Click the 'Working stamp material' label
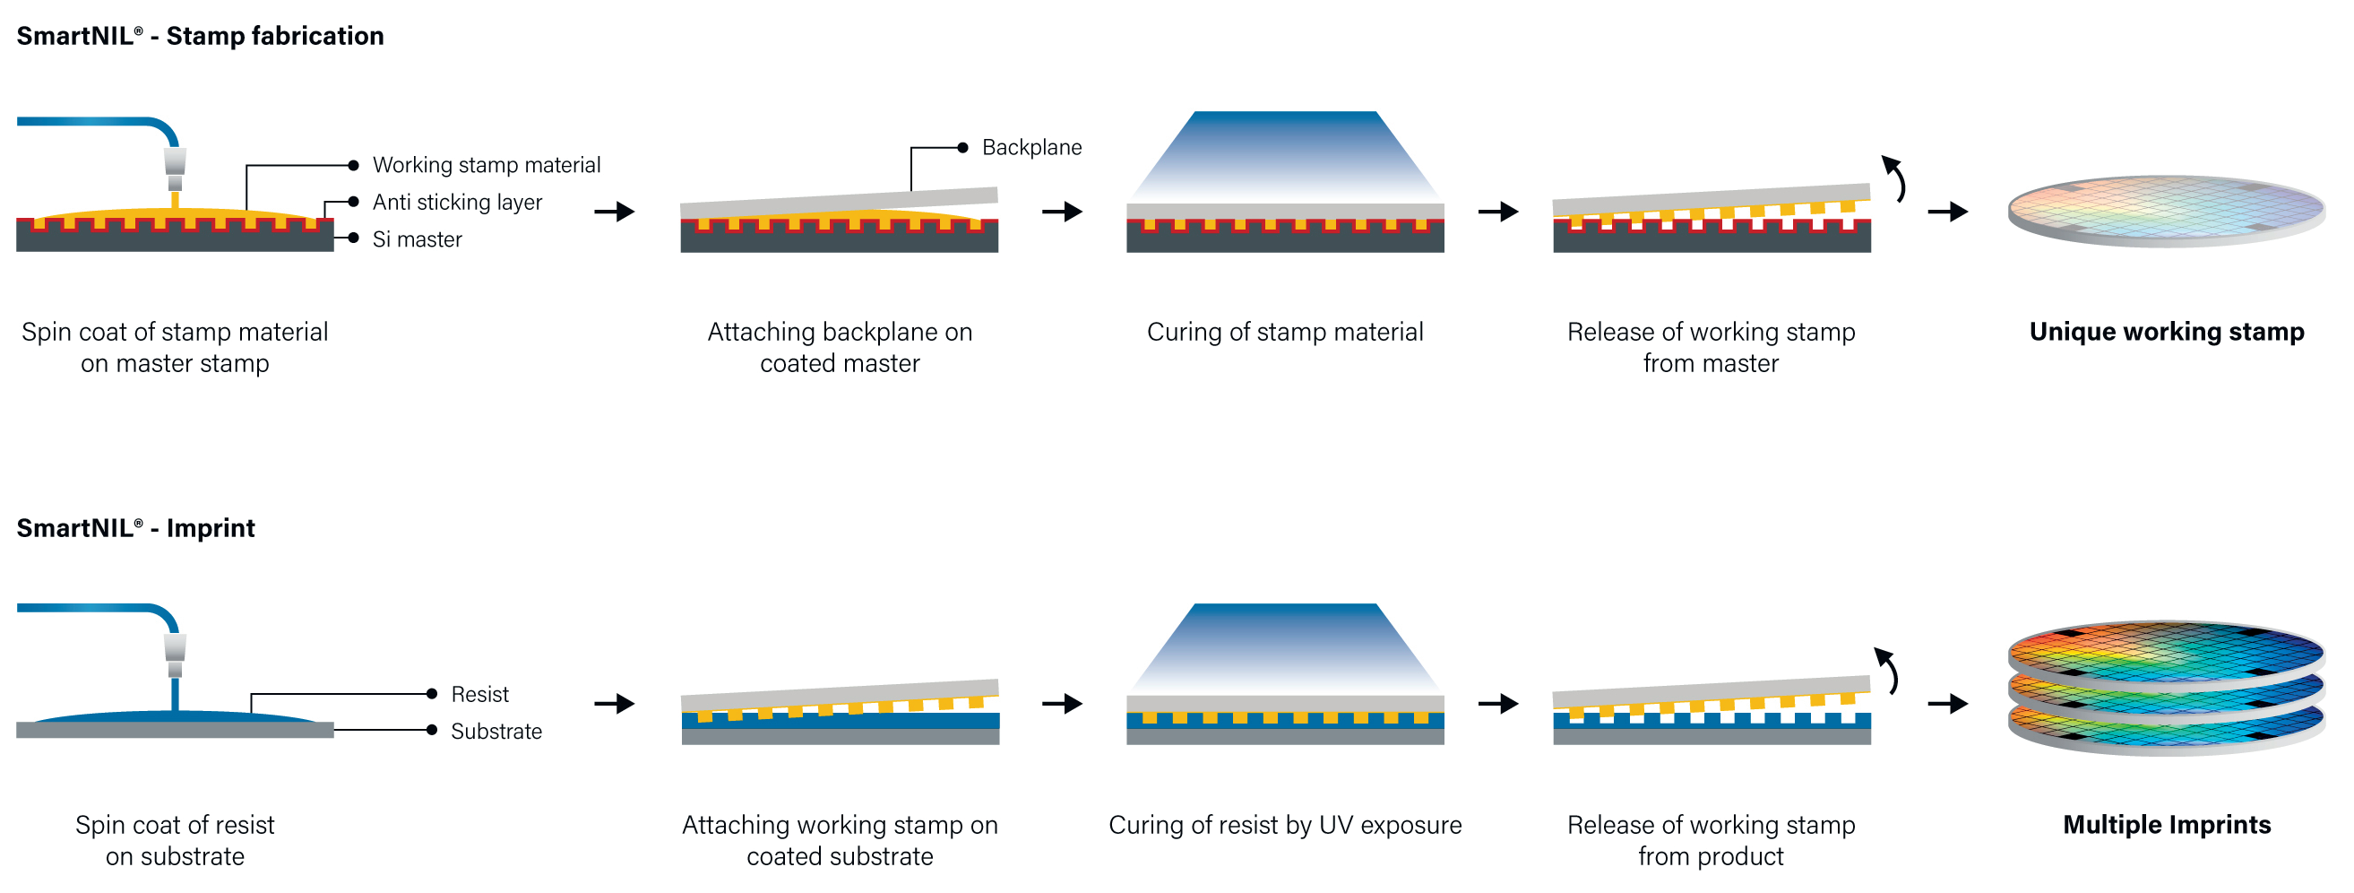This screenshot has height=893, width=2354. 487,166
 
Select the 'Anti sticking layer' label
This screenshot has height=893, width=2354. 457,202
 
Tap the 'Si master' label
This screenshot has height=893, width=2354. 417,239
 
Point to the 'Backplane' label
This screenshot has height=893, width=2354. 1030,147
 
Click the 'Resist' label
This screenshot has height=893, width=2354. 479,695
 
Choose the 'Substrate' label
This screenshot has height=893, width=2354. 496,732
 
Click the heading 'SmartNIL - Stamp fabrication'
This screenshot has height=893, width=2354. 200,36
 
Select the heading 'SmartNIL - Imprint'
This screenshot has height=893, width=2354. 136,528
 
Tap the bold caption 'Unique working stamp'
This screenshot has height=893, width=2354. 2166,332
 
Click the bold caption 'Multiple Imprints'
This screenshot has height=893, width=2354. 2166,825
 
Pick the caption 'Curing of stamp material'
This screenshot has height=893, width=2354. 1285,332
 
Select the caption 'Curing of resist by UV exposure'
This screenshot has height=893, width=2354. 1285,825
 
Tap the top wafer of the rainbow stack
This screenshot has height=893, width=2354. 2166,651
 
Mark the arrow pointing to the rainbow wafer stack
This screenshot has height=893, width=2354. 1947,704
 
